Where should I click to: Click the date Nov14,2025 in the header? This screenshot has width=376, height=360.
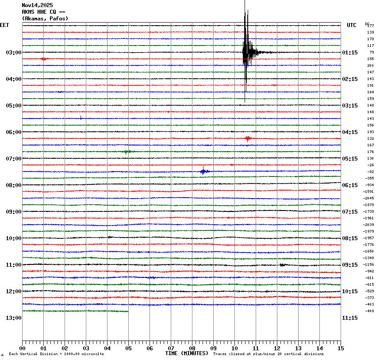37,5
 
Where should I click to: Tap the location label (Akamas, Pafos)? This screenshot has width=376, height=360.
45,19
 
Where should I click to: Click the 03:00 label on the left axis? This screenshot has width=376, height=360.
13,53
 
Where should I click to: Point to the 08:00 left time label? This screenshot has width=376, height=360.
13,185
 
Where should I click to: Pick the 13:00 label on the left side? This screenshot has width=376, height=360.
13,318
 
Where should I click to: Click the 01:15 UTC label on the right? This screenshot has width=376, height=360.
350,53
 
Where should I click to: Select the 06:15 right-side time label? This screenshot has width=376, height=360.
350,185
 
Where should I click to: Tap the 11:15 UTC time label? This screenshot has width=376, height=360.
350,318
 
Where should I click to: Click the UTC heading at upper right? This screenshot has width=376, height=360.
351,25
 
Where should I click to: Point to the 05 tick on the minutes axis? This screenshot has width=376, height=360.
128,349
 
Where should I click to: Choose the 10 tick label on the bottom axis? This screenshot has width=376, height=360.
234,349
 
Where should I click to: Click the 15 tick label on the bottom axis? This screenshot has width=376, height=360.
340,349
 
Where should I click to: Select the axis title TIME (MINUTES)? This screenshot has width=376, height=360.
186,353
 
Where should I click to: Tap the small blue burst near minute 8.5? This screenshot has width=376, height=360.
203,171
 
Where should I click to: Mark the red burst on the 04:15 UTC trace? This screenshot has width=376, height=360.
248,138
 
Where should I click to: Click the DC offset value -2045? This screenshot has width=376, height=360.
368,198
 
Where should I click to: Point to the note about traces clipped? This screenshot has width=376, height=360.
268,354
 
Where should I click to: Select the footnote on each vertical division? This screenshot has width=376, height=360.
56,354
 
